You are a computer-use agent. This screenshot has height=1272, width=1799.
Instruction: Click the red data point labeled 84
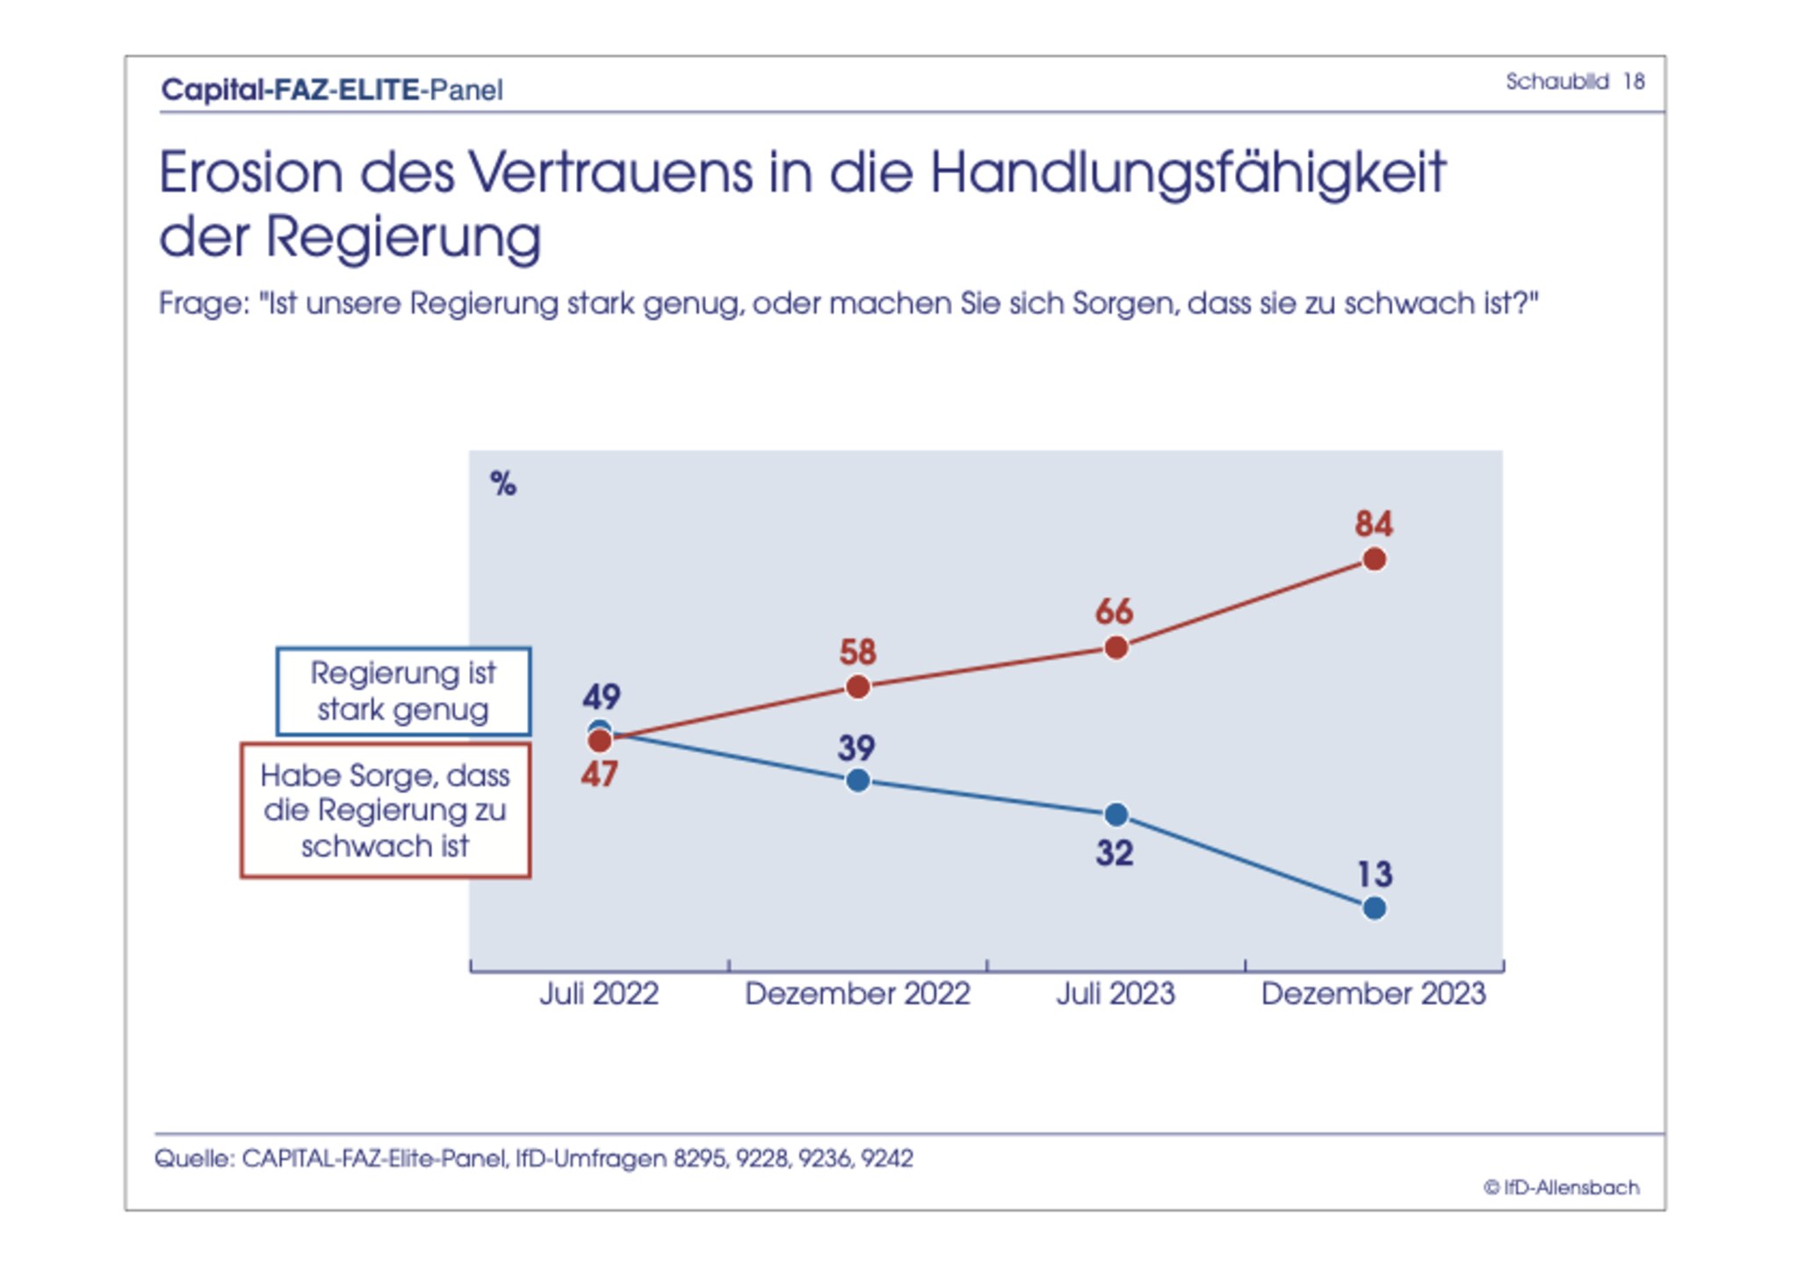(x=1374, y=560)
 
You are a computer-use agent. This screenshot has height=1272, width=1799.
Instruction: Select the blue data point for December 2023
(x=1374, y=908)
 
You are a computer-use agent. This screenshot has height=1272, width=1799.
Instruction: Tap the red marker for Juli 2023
(x=1116, y=648)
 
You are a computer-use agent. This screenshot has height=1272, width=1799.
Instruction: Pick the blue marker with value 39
(x=858, y=780)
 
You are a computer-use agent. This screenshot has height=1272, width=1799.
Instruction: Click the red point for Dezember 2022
(x=858, y=687)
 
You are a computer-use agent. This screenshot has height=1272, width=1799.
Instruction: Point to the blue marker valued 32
(x=1116, y=815)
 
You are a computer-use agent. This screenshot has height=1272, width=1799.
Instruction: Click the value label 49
(x=602, y=697)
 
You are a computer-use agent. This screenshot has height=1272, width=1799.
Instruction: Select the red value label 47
(x=600, y=775)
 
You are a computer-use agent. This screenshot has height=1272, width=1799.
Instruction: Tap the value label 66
(x=1114, y=611)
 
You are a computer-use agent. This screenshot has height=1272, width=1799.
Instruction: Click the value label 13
(x=1375, y=874)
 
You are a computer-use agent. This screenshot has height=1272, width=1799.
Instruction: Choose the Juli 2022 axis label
(x=599, y=994)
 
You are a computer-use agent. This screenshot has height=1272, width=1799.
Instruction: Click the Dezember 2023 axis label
(x=1373, y=994)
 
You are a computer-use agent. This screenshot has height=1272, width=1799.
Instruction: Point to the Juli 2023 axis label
(x=1115, y=994)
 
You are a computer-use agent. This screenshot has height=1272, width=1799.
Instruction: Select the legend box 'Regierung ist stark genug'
(x=403, y=691)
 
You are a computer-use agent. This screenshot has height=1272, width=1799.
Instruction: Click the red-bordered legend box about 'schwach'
(x=386, y=810)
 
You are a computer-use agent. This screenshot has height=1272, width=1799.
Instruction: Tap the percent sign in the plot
(x=503, y=483)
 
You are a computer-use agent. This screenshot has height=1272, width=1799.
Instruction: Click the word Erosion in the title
(x=251, y=172)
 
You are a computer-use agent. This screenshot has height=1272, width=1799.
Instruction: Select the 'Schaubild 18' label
(x=1574, y=82)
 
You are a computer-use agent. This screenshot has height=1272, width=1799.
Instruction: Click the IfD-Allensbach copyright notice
(x=1561, y=1188)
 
